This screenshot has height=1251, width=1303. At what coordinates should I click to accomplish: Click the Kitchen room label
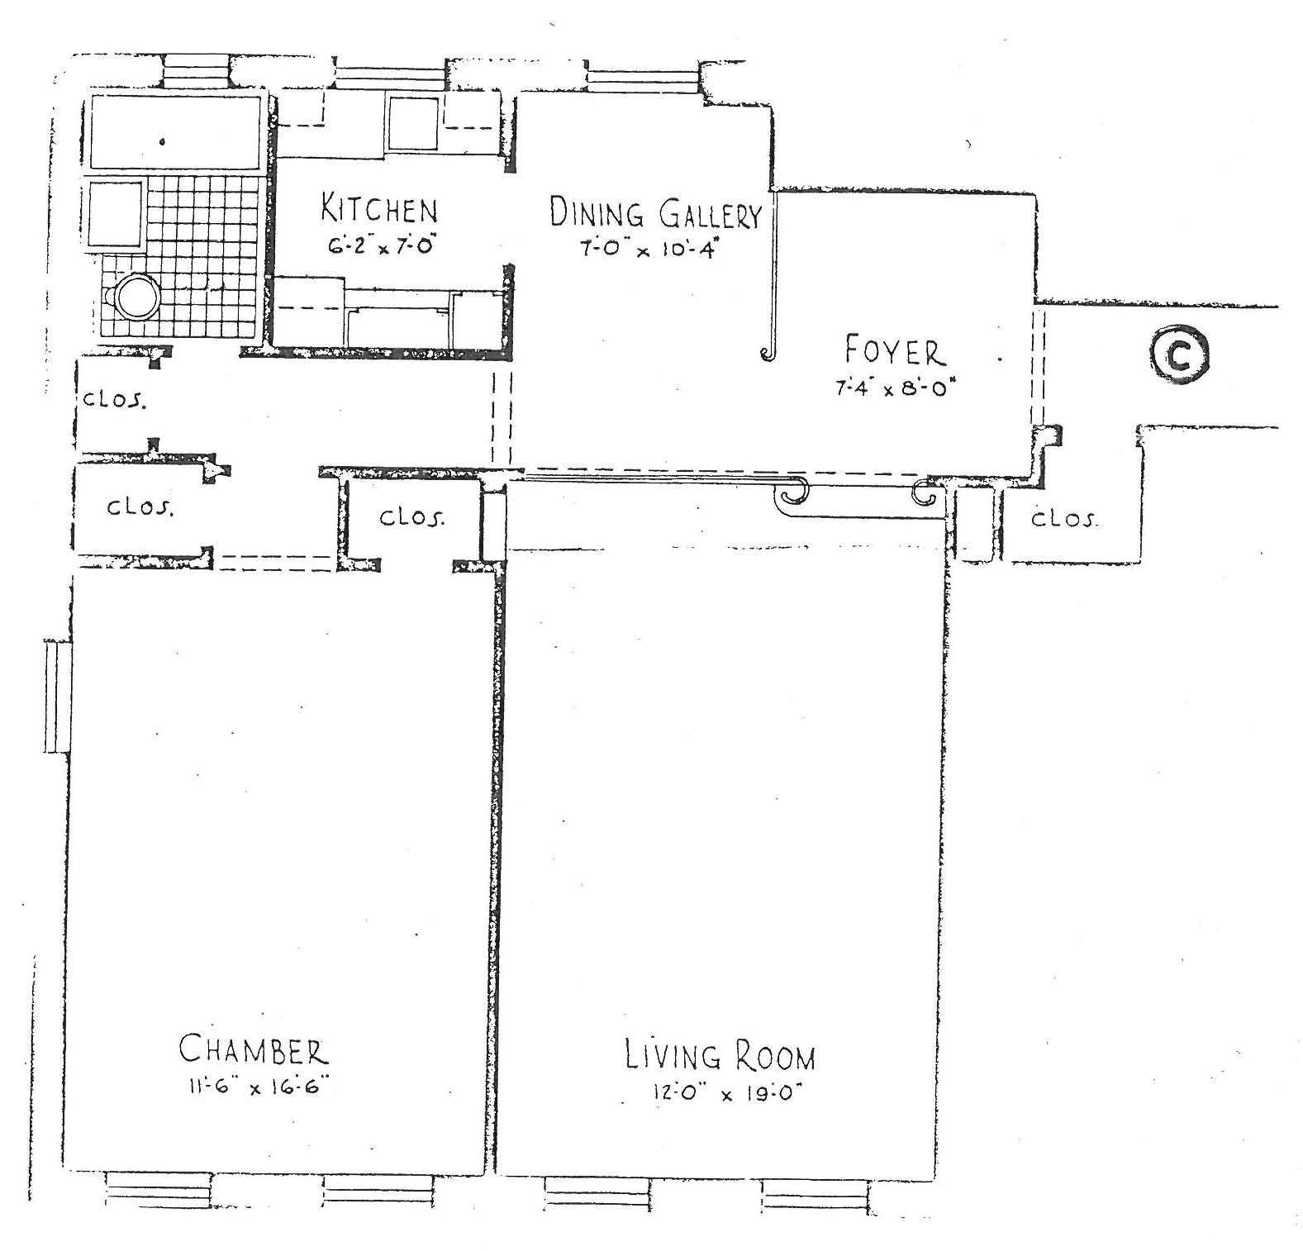click(379, 208)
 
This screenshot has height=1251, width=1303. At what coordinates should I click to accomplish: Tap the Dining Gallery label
click(655, 213)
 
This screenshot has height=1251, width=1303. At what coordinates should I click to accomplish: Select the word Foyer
click(894, 351)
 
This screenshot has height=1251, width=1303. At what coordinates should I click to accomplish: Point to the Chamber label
click(254, 1049)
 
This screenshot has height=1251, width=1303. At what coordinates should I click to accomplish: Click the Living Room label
click(720, 1056)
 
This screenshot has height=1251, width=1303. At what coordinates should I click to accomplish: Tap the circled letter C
click(1179, 356)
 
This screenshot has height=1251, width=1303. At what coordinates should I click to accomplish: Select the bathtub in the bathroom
click(174, 132)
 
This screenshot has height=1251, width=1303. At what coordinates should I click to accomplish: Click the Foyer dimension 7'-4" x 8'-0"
click(895, 388)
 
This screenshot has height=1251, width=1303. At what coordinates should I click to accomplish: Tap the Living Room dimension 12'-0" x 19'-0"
click(727, 1093)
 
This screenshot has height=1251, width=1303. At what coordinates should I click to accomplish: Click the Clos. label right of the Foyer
click(1065, 518)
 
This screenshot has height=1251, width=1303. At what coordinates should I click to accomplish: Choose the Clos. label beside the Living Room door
click(411, 517)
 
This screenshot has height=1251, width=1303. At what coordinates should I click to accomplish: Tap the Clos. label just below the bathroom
click(115, 399)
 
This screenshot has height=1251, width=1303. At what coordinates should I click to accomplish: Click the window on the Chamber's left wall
click(57, 696)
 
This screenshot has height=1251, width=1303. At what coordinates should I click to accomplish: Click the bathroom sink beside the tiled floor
click(115, 214)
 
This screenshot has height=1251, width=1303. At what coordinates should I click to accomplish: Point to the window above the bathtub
click(195, 71)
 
